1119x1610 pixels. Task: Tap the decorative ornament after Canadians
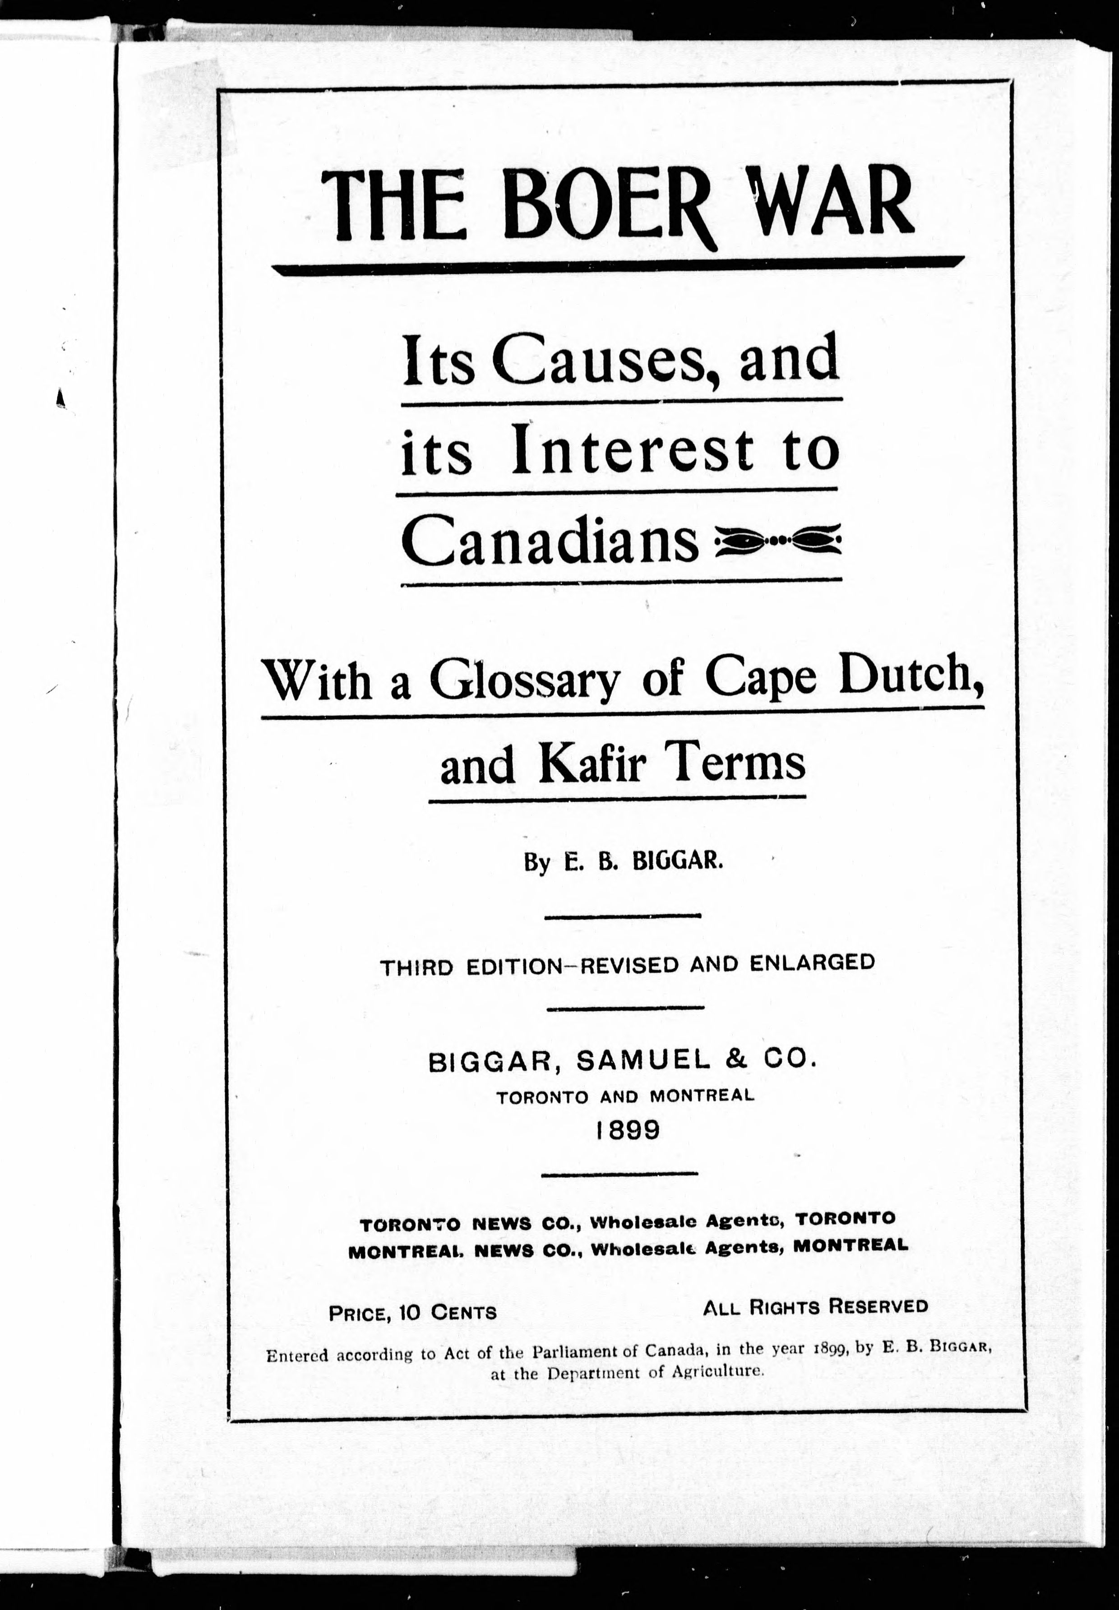tap(776, 541)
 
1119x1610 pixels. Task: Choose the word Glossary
tap(525, 680)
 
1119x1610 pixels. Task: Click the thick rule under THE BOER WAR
tap(617, 267)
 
